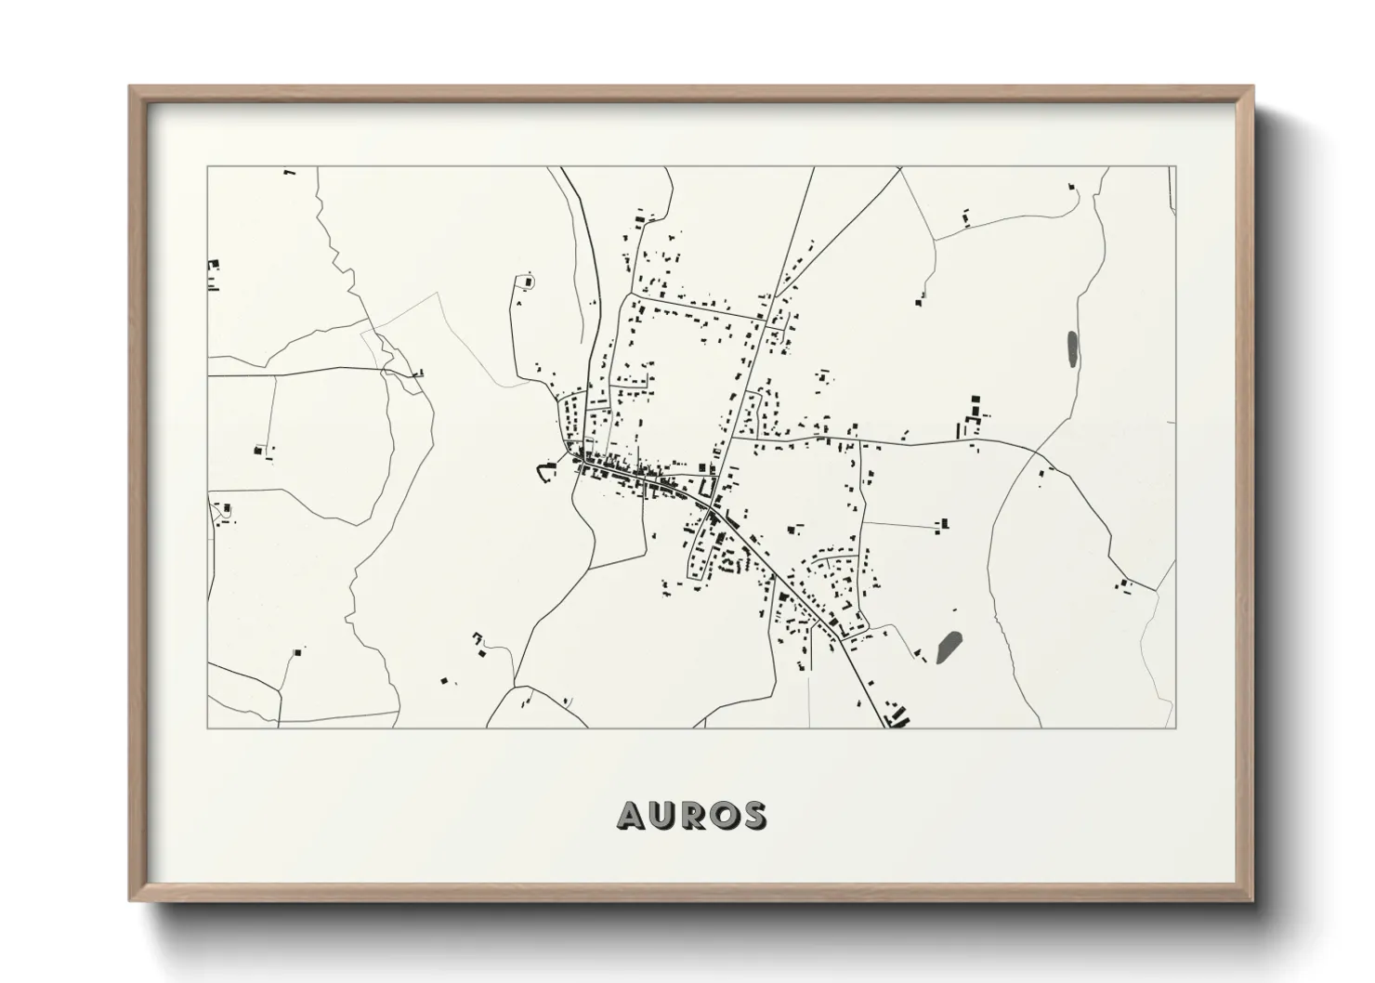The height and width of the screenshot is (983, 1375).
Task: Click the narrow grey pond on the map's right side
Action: coord(1073,347)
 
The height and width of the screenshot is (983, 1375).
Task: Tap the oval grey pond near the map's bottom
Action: coord(949,645)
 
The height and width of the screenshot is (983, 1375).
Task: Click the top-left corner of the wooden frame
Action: coord(131,87)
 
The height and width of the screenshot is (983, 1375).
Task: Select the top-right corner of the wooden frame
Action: coord(1251,87)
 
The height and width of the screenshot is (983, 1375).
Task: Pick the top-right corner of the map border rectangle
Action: coord(1175,167)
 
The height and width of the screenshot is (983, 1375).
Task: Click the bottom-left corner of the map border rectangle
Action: coord(207,727)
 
